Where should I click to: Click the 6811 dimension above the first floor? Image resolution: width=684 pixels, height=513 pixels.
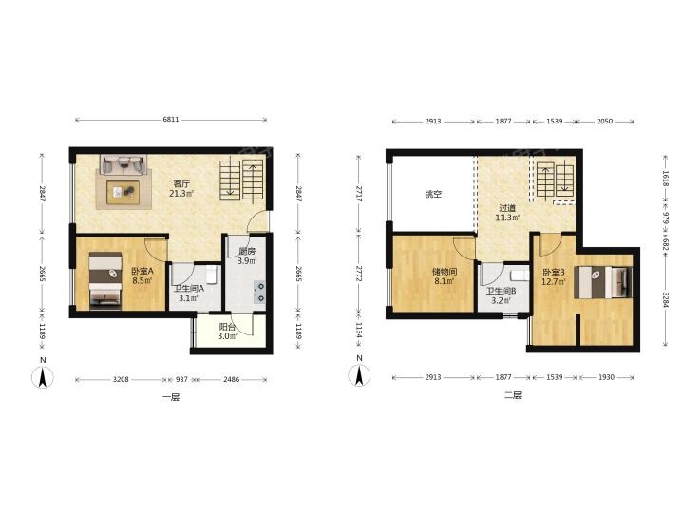pos(171,120)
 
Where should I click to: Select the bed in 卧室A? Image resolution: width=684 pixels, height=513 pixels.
pos(105,281)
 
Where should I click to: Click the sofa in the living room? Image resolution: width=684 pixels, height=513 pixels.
pos(123,165)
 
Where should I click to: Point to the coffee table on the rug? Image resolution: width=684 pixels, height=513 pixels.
pos(123,192)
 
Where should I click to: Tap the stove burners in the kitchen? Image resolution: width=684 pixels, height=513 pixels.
pos(259,293)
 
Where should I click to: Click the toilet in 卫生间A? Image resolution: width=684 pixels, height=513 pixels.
pos(212,275)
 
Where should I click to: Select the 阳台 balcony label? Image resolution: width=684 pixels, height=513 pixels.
pos(227,327)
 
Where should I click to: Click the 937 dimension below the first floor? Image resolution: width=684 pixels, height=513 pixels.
pos(181,379)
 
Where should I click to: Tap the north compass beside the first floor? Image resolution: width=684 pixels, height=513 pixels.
pos(43,377)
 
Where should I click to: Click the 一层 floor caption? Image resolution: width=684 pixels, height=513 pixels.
pos(171,397)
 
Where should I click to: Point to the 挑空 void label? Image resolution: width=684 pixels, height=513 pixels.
pos(433,194)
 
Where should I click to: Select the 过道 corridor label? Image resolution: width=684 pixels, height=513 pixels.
pos(507,208)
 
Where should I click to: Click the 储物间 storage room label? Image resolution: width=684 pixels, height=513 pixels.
pos(445,272)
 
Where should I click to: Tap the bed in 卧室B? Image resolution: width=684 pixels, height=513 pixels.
pos(603,282)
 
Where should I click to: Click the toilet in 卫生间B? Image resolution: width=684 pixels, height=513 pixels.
pos(520,275)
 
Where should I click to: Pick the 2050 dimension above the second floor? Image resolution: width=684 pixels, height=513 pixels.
pos(604,122)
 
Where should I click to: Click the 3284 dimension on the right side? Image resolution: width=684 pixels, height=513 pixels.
pos(665,299)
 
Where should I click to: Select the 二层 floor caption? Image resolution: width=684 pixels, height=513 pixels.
pos(513,395)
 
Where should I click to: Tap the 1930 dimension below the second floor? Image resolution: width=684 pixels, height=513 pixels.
pos(606,377)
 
